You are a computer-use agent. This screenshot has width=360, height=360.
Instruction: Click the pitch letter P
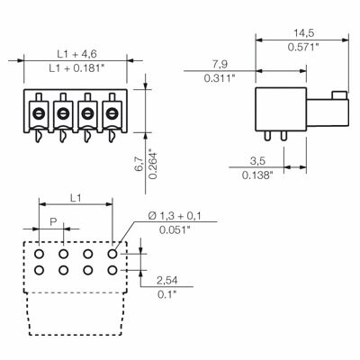pos(53,221)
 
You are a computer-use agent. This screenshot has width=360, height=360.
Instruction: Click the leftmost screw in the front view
pos(40,112)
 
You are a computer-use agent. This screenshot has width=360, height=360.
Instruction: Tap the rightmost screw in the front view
pos(112,112)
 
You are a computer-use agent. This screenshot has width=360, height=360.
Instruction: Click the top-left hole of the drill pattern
pos(40,255)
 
